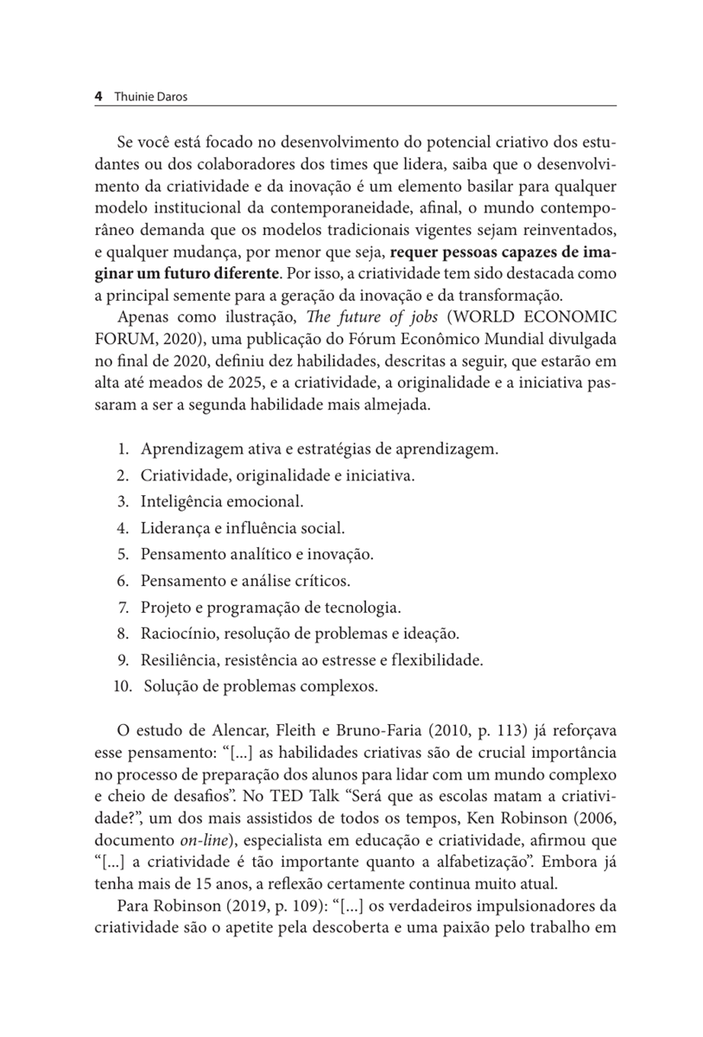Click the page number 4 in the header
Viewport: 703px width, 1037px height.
[98, 97]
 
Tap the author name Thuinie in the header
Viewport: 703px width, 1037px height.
[134, 97]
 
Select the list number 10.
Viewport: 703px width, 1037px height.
[120, 687]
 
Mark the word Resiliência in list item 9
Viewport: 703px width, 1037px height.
[180, 660]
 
